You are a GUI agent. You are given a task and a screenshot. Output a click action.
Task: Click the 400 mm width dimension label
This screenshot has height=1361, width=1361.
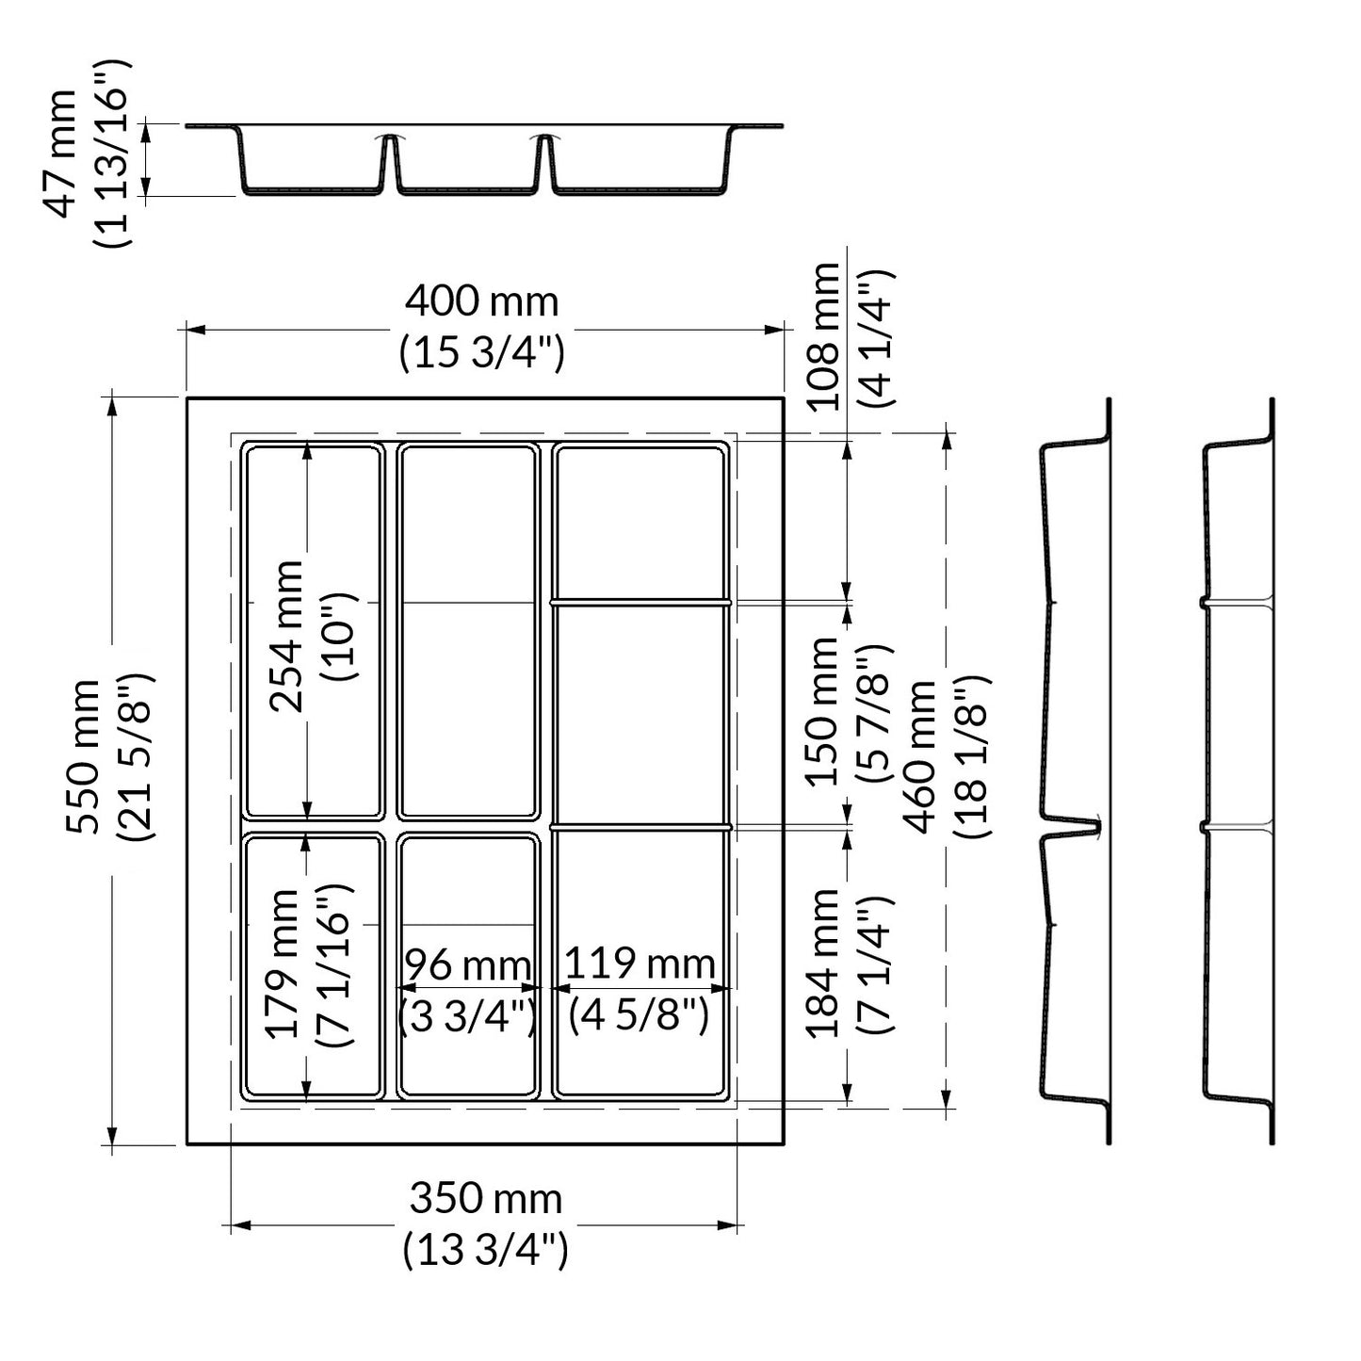[x=481, y=302]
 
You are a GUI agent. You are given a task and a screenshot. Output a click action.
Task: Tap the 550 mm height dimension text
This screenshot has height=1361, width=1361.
[x=82, y=756]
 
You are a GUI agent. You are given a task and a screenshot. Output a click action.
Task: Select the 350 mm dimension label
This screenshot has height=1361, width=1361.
[x=485, y=1199]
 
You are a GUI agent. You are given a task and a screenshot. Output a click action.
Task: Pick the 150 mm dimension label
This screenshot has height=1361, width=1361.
[x=823, y=711]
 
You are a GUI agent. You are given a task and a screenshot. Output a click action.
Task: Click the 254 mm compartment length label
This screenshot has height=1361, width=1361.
[x=286, y=636]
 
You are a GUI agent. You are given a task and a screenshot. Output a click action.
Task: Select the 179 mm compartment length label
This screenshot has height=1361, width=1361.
[x=283, y=964]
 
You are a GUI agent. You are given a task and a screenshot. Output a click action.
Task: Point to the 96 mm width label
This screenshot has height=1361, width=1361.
[x=468, y=965]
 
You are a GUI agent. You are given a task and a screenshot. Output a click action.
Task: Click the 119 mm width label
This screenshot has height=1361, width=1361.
[x=640, y=964]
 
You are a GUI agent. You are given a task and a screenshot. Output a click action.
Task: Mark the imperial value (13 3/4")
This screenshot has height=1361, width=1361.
[x=485, y=1251]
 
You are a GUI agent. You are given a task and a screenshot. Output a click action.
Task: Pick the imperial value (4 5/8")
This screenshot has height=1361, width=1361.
[x=640, y=1014]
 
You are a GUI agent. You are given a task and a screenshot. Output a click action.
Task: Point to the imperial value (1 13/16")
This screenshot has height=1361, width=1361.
[x=113, y=154]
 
